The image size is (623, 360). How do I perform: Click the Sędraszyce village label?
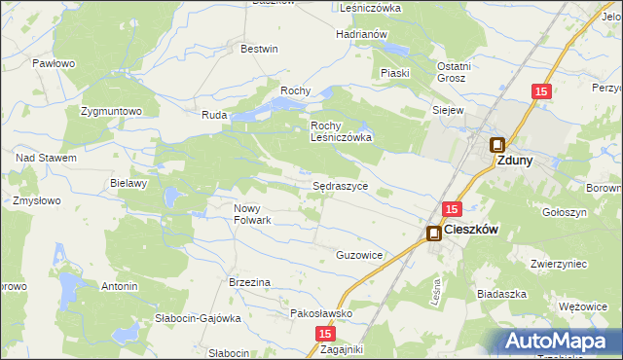(340, 184)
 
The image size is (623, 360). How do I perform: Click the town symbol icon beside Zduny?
(496, 145)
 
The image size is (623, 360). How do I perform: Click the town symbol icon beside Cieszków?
(433, 233)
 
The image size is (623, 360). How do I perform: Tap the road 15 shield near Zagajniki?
(324, 334)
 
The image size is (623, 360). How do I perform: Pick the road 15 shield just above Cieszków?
(451, 209)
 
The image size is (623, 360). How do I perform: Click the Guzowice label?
(358, 255)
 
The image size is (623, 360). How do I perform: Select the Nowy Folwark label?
(252, 214)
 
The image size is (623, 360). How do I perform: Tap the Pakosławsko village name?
(321, 314)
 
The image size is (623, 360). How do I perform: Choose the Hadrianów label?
(362, 34)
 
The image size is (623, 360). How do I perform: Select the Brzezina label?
(248, 282)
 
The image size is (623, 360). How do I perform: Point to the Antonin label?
(120, 287)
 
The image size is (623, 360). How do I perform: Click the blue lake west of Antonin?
(68, 287)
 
